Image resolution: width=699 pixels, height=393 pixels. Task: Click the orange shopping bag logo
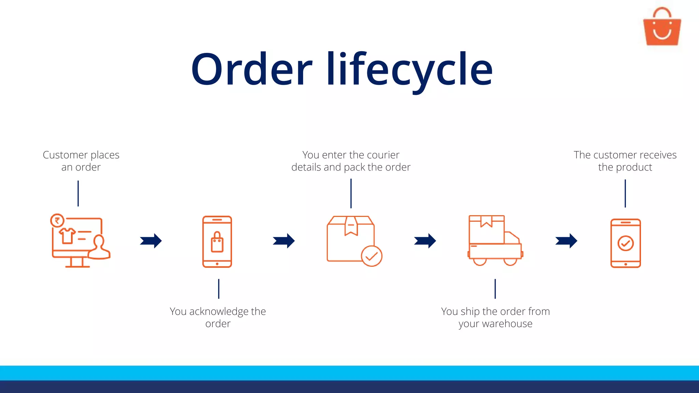(662, 27)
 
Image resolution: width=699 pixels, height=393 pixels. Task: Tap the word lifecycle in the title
(409, 70)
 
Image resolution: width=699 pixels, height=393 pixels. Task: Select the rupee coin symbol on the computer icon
(57, 220)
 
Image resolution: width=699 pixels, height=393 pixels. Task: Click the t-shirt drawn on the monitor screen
(67, 236)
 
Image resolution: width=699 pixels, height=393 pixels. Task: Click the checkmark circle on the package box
(371, 256)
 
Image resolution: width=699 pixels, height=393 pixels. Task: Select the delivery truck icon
(495, 240)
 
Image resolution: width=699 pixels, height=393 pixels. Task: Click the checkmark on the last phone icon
(626, 243)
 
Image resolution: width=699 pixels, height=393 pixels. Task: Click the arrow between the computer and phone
(151, 241)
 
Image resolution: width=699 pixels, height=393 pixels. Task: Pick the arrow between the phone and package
(284, 241)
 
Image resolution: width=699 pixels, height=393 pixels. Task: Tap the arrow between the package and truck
(425, 241)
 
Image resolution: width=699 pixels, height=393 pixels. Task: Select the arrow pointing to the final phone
(566, 241)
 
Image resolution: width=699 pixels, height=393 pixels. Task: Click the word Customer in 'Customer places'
(65, 155)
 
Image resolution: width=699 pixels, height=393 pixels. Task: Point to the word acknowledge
(218, 312)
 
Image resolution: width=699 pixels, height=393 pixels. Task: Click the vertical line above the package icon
(351, 193)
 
